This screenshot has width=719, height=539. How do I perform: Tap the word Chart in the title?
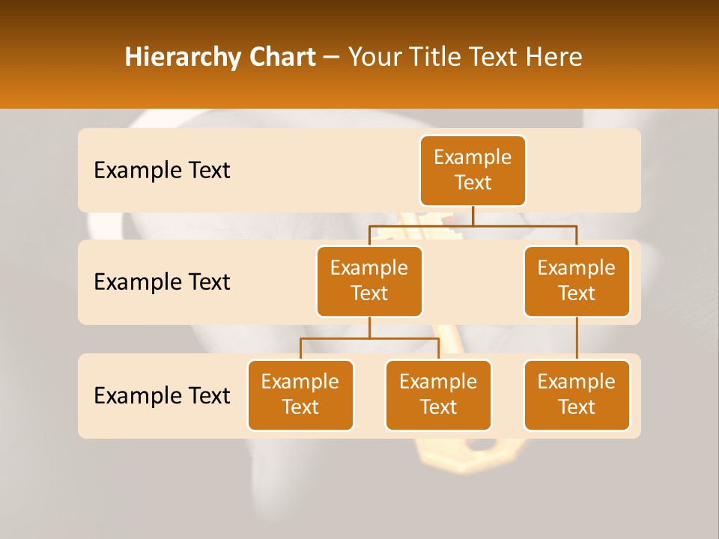(283, 58)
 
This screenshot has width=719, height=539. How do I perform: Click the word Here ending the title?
(553, 58)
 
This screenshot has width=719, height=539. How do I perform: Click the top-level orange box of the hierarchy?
(473, 170)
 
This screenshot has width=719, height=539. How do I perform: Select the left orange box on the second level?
(369, 281)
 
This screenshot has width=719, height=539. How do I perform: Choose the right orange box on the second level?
(577, 281)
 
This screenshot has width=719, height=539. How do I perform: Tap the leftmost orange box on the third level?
(300, 395)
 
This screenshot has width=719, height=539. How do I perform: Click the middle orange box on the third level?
(438, 395)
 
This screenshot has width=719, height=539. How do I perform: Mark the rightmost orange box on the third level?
(577, 395)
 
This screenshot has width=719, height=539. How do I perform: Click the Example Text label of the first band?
(162, 171)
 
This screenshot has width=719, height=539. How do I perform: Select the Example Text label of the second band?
(162, 282)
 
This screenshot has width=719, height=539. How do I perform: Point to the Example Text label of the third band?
(162, 396)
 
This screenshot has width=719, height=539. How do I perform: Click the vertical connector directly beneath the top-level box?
(473, 216)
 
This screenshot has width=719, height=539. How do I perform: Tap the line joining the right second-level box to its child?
(577, 338)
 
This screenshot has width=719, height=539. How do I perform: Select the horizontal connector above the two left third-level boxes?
(369, 338)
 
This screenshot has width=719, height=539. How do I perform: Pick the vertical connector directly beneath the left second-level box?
(369, 327)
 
